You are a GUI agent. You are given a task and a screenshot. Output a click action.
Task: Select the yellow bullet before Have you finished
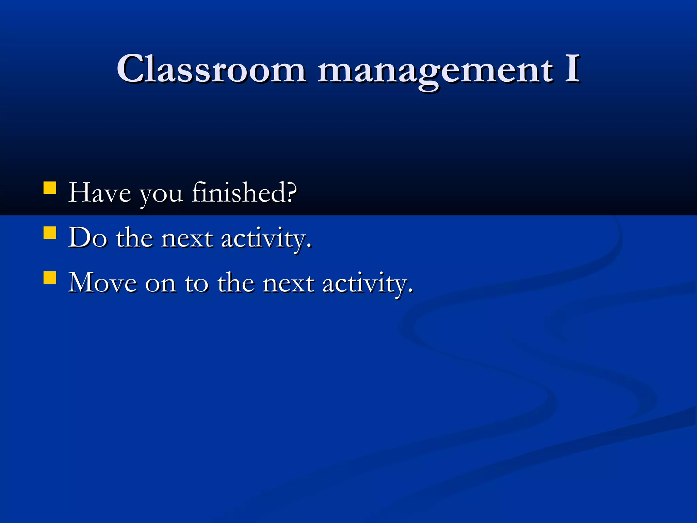tap(50, 188)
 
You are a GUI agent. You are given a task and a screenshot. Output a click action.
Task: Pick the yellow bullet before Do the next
tap(50, 233)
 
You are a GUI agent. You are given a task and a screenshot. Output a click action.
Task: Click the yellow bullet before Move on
tap(50, 278)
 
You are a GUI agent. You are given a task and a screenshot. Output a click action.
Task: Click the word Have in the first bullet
tap(99, 193)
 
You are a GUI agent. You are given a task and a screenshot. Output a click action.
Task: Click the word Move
tap(102, 283)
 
